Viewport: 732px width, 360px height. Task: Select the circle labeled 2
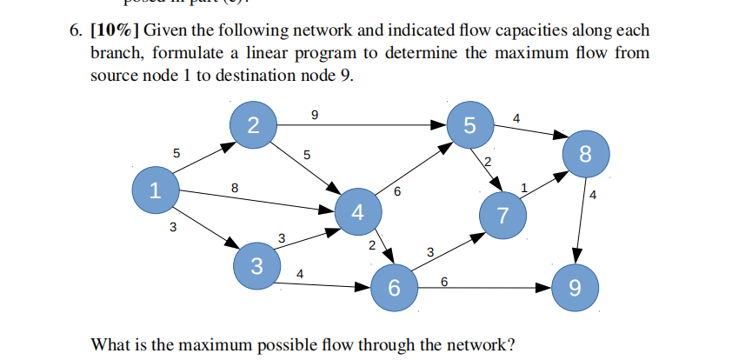(253, 124)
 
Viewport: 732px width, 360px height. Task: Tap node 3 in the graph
(256, 265)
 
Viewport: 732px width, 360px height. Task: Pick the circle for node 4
(357, 211)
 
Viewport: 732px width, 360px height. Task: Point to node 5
(470, 124)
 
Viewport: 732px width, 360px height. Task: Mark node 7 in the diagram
(503, 214)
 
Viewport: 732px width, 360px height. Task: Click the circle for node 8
(584, 155)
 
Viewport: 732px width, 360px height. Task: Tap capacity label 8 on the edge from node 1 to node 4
(234, 186)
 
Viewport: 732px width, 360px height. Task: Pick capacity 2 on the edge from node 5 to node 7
(488, 163)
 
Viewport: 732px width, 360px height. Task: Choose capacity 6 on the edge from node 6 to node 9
(444, 281)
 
